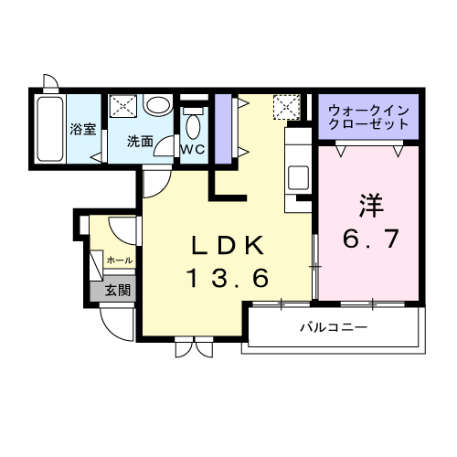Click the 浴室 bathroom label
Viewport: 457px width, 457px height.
(x=83, y=130)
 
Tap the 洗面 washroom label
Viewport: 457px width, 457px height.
(x=140, y=142)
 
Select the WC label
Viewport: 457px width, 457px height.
(x=193, y=149)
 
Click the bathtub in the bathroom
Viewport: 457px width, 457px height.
(x=50, y=129)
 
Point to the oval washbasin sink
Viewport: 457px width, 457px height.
(x=157, y=105)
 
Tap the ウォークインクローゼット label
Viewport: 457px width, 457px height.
(x=368, y=117)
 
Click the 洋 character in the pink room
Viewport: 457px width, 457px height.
(x=371, y=206)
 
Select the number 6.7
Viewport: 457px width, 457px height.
(x=371, y=239)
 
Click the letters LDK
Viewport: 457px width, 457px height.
(x=227, y=246)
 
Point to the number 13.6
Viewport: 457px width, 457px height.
(x=228, y=278)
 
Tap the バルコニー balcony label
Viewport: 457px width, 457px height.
(x=335, y=327)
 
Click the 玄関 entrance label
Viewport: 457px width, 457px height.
(x=118, y=291)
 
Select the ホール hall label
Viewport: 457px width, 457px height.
(x=120, y=260)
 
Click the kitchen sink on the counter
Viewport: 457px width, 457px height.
(x=298, y=177)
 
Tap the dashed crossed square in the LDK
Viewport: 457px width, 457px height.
(x=287, y=107)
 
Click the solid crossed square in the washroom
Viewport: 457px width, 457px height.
(x=123, y=105)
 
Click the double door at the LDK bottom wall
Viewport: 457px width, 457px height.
(x=194, y=346)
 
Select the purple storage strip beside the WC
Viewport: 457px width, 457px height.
(x=223, y=129)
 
